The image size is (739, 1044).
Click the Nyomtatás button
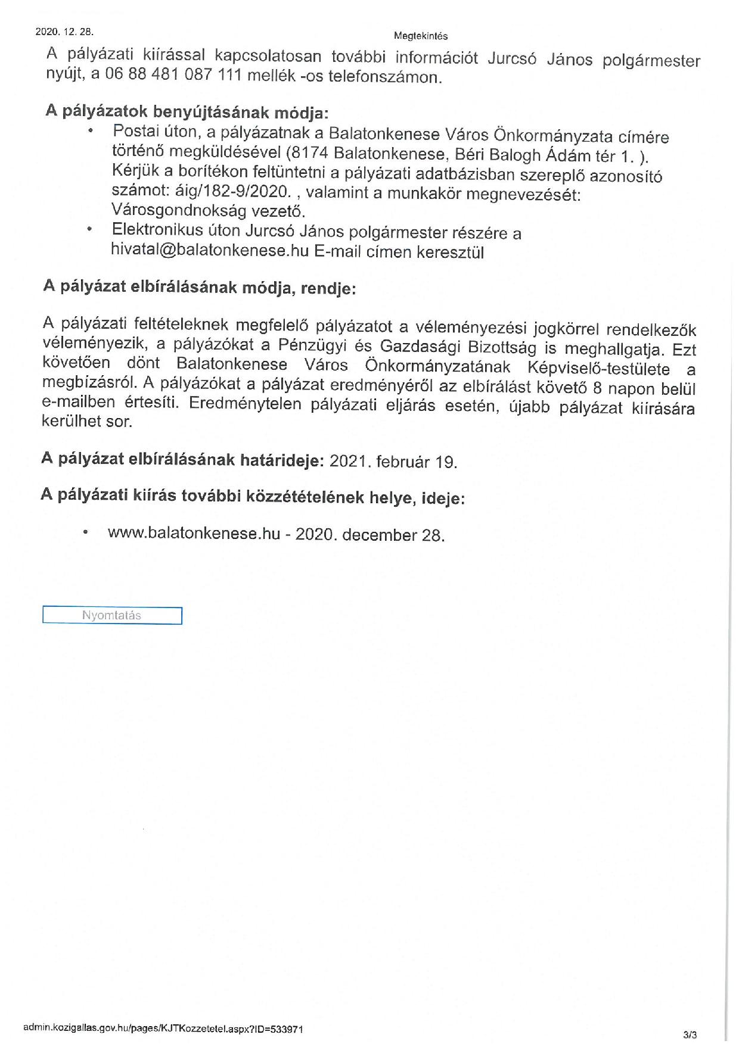coord(112,615)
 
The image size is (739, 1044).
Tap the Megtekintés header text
coord(421,36)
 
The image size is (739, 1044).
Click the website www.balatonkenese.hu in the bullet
coord(194,533)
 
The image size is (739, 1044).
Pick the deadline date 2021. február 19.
coord(393,462)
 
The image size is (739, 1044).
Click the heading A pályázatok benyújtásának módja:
coord(187,112)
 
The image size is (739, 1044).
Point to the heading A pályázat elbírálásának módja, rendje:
coord(199,287)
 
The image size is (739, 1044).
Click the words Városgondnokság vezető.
coord(208,211)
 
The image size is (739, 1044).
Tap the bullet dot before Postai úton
coord(90,130)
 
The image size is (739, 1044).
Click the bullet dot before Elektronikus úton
coord(89,229)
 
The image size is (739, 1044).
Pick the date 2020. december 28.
coord(370,534)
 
